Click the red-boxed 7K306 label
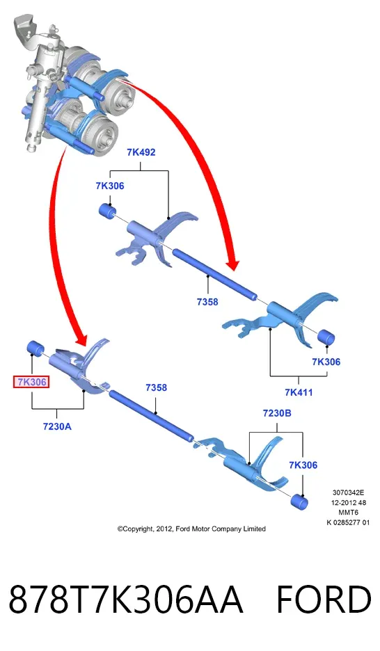coord(31,382)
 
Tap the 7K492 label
coord(141,152)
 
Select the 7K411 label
coord(299,392)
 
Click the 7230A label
coord(57,426)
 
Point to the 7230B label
coord(277,413)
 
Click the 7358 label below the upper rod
coord(207,302)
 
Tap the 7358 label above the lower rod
coord(156,387)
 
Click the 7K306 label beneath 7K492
coord(110,186)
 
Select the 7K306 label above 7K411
coord(326,362)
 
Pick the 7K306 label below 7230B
coord(303,465)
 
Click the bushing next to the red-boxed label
coord(35,348)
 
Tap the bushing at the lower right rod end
coord(300,502)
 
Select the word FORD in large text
coord(324,600)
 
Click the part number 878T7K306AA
coord(125,600)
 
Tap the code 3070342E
coord(348,493)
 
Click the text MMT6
coord(348,513)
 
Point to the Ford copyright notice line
coord(191,529)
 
